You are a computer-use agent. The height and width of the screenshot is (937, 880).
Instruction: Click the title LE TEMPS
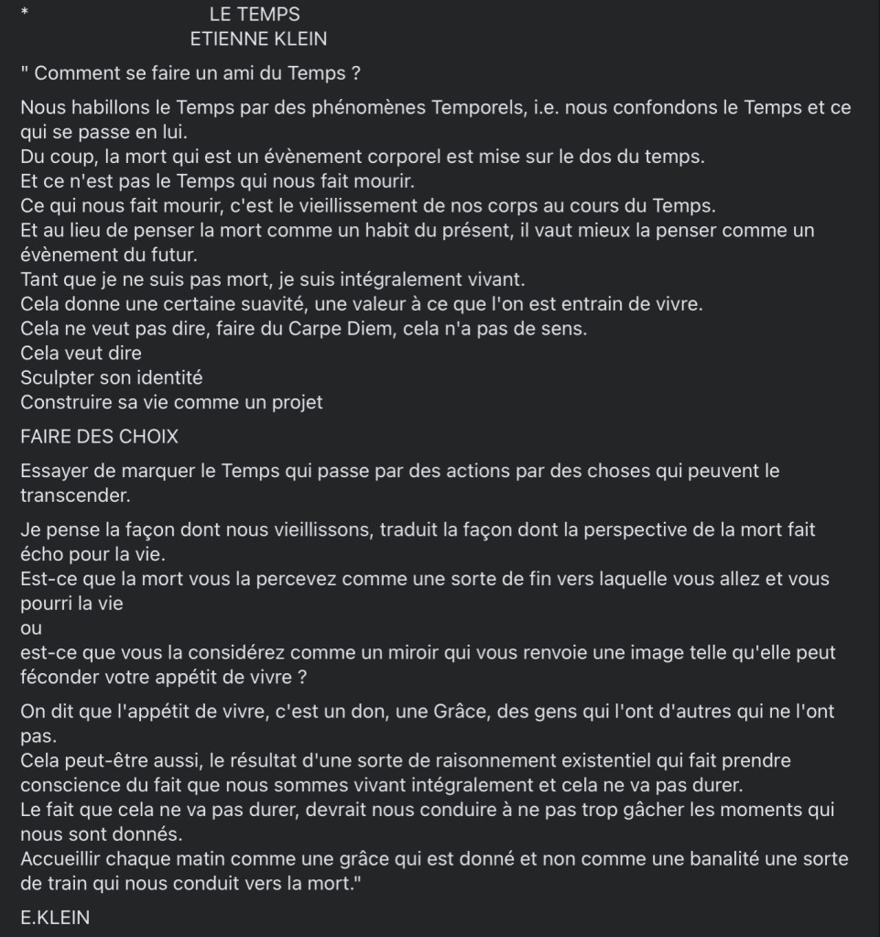click(x=255, y=15)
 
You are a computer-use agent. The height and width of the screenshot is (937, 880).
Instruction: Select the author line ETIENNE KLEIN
click(x=258, y=39)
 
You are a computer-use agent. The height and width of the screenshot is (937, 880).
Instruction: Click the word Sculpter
click(x=57, y=377)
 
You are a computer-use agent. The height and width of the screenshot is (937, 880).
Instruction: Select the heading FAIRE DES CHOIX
click(x=99, y=437)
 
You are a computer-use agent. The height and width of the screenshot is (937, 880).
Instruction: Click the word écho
click(x=43, y=554)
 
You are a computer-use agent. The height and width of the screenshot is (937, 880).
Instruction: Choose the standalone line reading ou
click(x=30, y=628)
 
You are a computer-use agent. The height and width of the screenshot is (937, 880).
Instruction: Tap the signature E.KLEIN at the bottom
click(x=55, y=918)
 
